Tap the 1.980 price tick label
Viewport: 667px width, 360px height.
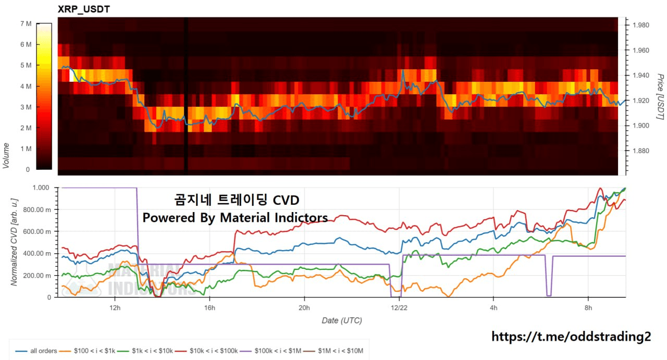point(640,25)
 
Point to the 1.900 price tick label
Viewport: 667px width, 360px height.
point(640,126)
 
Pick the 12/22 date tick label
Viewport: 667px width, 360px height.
point(399,307)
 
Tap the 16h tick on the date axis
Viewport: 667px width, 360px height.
point(209,307)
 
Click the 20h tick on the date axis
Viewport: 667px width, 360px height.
point(304,307)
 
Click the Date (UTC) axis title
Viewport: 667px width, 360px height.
point(342,320)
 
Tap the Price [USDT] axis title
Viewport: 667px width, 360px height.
point(660,96)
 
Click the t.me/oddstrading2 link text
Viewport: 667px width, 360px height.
point(571,337)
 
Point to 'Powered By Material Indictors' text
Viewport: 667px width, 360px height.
point(235,218)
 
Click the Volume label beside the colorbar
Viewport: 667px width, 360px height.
point(6,155)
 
